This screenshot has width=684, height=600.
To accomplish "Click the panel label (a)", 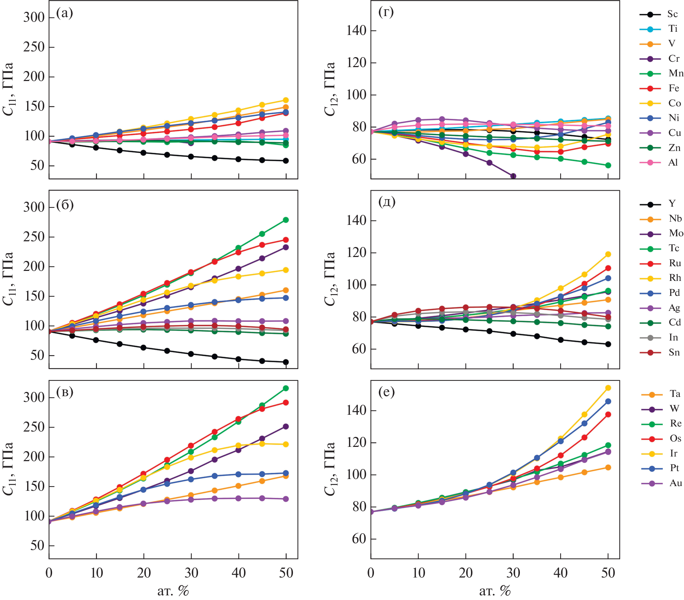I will [65, 13].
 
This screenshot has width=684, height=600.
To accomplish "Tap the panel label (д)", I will [387, 202].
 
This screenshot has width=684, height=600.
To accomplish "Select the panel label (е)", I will [386, 392].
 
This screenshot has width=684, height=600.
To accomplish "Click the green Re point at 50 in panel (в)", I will [286, 388].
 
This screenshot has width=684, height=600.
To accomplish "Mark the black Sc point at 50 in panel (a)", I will [286, 161].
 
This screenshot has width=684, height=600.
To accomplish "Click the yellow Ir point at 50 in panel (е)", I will [608, 388].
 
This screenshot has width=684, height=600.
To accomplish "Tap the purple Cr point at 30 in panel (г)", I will [513, 176].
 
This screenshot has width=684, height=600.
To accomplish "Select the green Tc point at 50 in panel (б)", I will [286, 220].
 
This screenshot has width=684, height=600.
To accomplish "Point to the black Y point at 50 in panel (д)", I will [608, 344].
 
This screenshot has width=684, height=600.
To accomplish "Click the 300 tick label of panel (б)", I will [34, 207].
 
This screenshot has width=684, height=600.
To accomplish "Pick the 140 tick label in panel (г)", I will [356, 31].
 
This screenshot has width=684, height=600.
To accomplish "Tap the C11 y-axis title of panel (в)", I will [9, 468].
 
